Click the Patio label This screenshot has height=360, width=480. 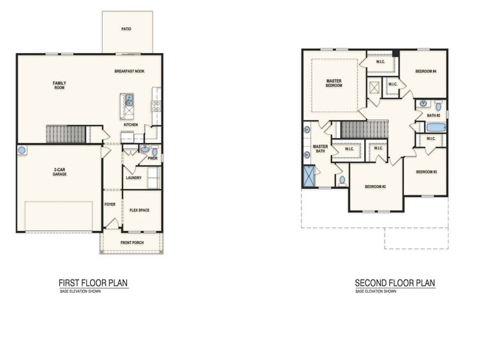[127, 30]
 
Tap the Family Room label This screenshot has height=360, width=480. [59, 85]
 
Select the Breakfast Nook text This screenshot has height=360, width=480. [128, 72]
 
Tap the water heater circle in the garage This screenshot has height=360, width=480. [22, 150]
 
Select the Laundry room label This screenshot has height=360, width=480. [133, 177]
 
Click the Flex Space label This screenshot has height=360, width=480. [139, 210]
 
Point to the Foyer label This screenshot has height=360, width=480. [110, 204]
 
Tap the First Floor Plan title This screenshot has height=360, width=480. [94, 283]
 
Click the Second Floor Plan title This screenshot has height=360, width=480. [394, 283]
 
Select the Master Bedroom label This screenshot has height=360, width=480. [334, 83]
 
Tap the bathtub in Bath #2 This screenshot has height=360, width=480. [436, 128]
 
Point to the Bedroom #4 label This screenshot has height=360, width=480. [425, 72]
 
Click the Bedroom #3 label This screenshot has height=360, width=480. [426, 172]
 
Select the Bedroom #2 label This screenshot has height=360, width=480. [375, 187]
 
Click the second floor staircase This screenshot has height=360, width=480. [364, 130]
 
